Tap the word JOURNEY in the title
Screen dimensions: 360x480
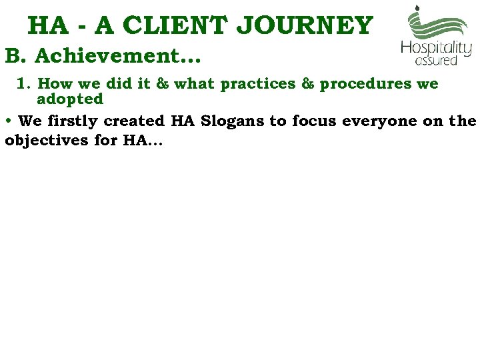pos(306,25)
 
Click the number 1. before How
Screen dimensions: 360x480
pos(24,84)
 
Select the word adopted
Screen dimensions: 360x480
pos(70,99)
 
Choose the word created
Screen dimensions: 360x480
pos(136,121)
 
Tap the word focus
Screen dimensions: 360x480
pos(315,121)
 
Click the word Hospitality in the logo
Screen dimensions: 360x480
pos(436,49)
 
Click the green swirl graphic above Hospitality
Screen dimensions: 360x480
pos(437,23)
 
